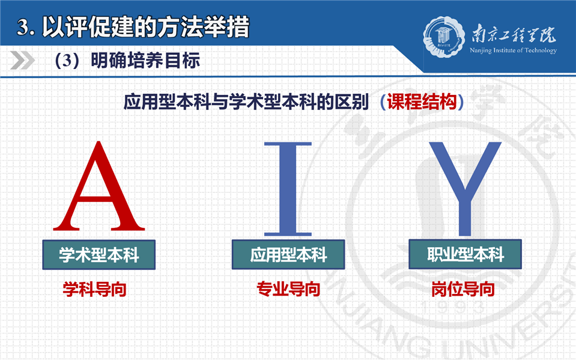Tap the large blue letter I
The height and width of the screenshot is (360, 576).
(x=288, y=189)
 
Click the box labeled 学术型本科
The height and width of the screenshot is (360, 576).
(x=99, y=255)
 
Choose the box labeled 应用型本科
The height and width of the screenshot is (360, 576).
(x=288, y=254)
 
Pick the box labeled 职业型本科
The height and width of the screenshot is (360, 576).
(x=465, y=254)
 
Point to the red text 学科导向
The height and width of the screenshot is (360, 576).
(x=94, y=290)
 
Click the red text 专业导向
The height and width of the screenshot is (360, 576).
(x=288, y=289)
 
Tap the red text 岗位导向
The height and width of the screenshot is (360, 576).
(x=463, y=289)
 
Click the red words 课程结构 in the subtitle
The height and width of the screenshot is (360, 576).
(x=422, y=102)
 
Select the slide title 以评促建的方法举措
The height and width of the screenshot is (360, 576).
(x=146, y=26)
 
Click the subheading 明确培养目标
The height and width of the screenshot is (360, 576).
(x=145, y=60)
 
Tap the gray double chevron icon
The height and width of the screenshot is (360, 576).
(x=22, y=60)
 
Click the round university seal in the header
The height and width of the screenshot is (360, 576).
(x=444, y=37)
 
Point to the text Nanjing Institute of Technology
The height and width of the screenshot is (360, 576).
(x=513, y=50)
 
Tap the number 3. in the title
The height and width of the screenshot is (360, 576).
(x=26, y=28)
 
